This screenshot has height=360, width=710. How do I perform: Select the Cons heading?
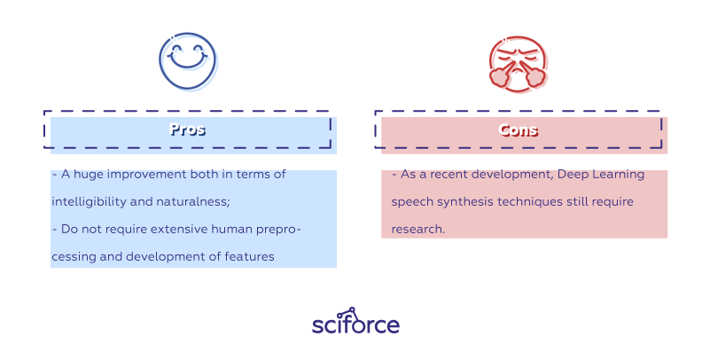click(519, 129)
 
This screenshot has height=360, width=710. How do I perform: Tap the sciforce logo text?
click(355, 325)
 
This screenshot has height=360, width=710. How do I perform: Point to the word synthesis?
click(461, 202)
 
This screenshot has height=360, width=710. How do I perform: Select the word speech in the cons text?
click(411, 202)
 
